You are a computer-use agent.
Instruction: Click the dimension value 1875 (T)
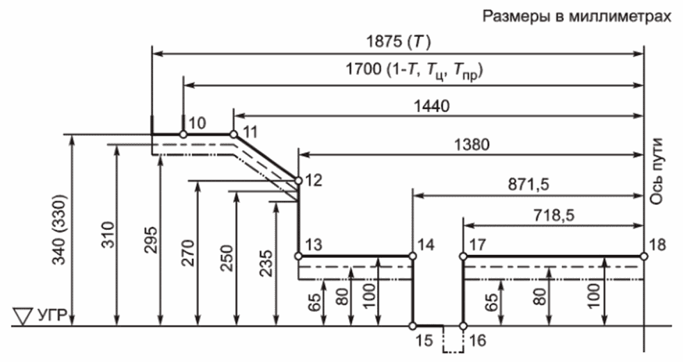[398, 42]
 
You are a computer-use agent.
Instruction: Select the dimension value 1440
[431, 106]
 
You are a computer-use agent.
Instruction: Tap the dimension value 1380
[472, 145]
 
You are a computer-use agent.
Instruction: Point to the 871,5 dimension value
[529, 185]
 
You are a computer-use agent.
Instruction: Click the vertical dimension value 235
[266, 263]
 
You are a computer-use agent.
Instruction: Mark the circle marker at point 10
[184, 134]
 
